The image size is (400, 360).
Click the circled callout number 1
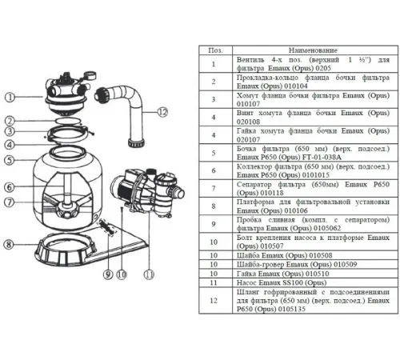(x=10, y=98)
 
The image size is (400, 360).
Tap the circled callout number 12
(x=162, y=112)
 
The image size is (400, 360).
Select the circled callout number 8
(x=9, y=244)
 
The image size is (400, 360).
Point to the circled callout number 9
(x=108, y=274)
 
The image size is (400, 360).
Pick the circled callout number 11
(x=149, y=274)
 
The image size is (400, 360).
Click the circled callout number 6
(x=9, y=187)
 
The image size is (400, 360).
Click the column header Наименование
(x=313, y=50)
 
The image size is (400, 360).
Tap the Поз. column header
(x=215, y=50)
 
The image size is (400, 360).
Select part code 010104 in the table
(x=296, y=86)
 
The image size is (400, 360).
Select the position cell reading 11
(x=214, y=282)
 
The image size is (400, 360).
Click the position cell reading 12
(x=214, y=301)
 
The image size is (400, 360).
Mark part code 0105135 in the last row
(x=291, y=309)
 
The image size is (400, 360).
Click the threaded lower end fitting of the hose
(x=136, y=142)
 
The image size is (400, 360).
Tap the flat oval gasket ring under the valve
(x=68, y=121)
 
